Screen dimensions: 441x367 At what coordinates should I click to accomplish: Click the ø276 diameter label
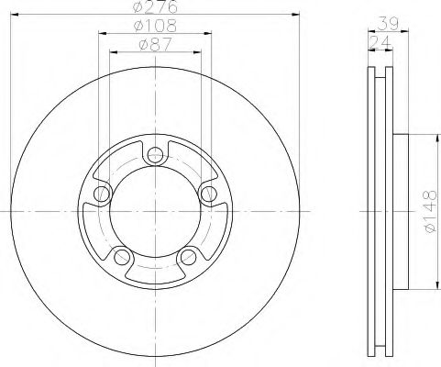click(155, 6)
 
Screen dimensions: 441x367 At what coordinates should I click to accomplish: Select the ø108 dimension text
click(155, 26)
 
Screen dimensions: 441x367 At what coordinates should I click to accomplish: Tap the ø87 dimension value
click(155, 45)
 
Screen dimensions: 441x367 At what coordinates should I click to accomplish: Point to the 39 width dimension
click(388, 24)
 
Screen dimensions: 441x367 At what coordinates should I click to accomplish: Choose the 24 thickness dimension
click(380, 42)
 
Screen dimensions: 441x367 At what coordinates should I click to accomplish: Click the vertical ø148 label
click(430, 211)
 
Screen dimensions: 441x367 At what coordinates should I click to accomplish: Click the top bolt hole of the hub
click(155, 155)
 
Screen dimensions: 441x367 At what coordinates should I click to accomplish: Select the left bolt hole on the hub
click(102, 194)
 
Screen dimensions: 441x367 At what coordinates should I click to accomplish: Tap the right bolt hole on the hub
click(209, 194)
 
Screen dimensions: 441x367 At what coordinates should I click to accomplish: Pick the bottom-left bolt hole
click(122, 257)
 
